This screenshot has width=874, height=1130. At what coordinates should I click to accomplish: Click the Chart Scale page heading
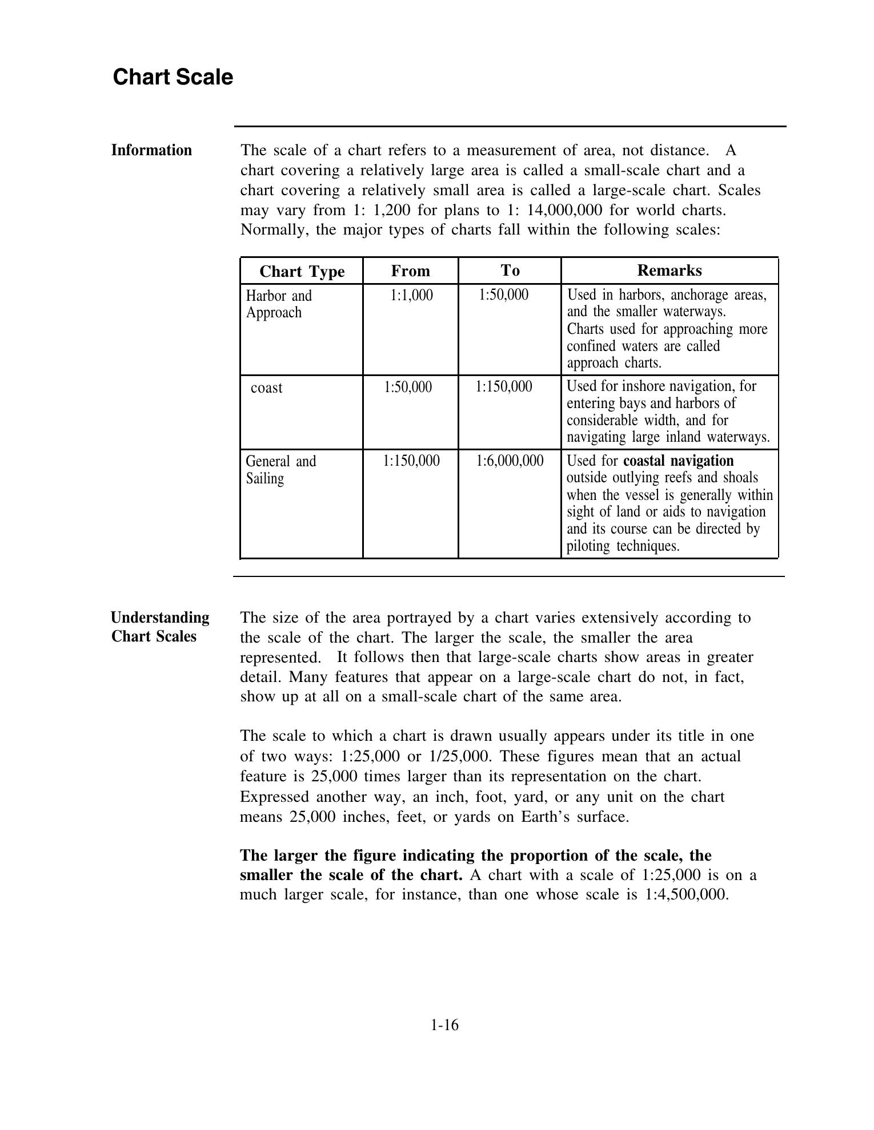tap(173, 77)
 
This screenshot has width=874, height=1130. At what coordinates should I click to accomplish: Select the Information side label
tap(151, 150)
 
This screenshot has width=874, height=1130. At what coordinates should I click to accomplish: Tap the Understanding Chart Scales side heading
tap(160, 627)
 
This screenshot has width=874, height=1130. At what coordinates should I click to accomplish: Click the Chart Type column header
tap(302, 271)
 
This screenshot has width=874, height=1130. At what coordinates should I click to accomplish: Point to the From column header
tap(410, 271)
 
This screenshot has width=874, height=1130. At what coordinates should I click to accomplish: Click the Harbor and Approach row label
tap(279, 304)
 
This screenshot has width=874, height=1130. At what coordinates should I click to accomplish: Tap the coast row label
tap(266, 388)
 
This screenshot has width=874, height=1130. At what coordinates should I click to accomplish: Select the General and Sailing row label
tap(280, 469)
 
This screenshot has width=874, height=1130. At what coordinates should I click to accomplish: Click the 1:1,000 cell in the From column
tap(411, 295)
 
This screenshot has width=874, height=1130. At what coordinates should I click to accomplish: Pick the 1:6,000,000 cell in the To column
tap(510, 461)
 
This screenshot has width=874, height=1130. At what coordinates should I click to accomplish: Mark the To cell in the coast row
tap(503, 387)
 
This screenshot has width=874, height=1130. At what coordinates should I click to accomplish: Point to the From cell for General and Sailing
tap(411, 461)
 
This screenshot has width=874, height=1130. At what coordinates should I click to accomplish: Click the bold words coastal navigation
tap(678, 461)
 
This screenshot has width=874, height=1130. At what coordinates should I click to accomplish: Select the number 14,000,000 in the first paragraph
tap(564, 210)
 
